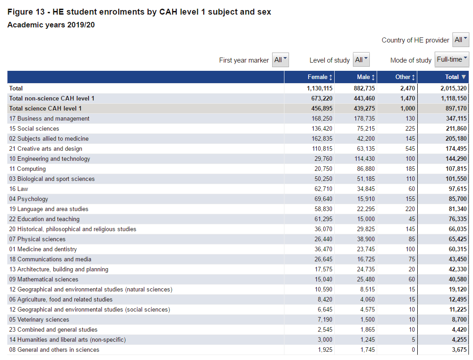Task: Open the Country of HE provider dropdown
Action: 460,40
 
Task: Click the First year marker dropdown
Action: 280,60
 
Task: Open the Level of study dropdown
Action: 361,60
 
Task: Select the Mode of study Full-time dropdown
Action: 452,59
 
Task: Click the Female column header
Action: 320,77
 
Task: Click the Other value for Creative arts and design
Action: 409,148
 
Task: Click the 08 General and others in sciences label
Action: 54,349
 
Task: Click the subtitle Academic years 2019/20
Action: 51,25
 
